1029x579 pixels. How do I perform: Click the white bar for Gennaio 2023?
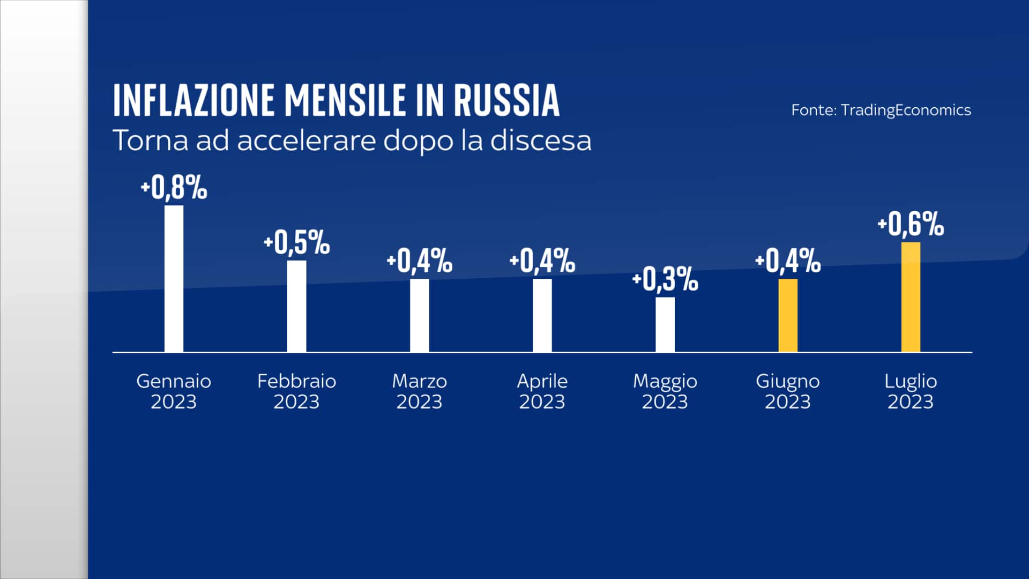tap(174, 279)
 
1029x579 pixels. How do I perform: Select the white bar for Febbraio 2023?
tap(296, 306)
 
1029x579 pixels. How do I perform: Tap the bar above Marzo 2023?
tap(420, 315)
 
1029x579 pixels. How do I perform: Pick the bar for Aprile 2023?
tap(542, 315)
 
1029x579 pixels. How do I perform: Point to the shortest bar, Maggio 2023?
tap(665, 324)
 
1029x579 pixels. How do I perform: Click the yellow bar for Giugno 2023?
tap(788, 315)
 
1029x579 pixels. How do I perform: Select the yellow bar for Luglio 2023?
tap(911, 297)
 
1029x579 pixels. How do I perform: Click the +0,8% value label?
tap(174, 188)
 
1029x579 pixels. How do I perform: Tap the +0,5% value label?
tap(296, 242)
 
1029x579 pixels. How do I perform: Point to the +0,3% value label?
tap(665, 279)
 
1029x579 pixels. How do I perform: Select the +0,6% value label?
tap(911, 224)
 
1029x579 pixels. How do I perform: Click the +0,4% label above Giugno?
tap(788, 261)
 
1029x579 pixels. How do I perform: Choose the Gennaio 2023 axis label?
tap(174, 391)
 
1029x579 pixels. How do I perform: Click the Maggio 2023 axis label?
tap(665, 391)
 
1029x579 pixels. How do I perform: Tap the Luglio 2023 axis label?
tap(911, 391)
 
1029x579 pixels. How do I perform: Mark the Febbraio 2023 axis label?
tap(296, 391)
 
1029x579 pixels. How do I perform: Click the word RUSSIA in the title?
tap(506, 100)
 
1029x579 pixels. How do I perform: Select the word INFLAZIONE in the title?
tap(193, 100)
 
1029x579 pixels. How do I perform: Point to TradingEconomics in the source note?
tap(906, 110)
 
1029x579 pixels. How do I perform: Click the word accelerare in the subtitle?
tap(307, 141)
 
